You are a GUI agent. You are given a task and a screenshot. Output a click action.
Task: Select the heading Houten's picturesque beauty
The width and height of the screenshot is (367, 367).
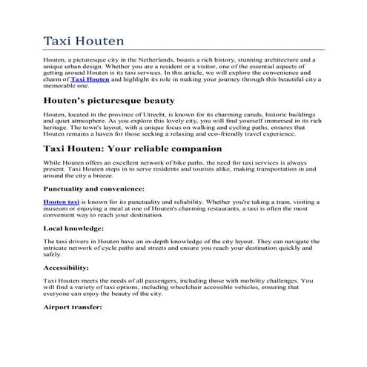(x=109, y=100)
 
